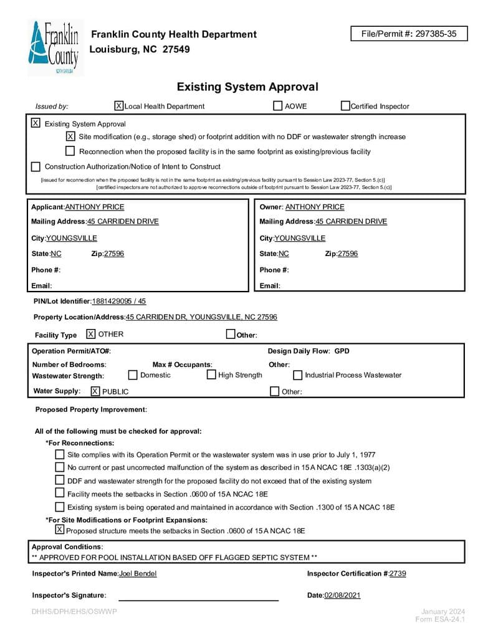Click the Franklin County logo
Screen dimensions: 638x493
(53, 48)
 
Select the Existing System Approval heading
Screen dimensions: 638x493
(247, 87)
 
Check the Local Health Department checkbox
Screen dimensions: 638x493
(119, 106)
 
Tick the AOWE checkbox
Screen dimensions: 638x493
(278, 106)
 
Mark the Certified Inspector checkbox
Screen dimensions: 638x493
(345, 106)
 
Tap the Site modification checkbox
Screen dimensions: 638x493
(70, 136)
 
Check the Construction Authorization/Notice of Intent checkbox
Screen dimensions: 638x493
(36, 166)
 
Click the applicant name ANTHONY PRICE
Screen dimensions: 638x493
(95, 207)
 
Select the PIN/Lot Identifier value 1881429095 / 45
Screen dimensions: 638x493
(119, 301)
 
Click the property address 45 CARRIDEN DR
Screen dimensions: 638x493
(201, 317)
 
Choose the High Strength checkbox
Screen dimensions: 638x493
(211, 374)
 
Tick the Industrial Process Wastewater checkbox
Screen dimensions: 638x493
(298, 375)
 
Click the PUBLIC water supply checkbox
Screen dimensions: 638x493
(95, 391)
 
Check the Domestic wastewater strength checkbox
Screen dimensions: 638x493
(133, 374)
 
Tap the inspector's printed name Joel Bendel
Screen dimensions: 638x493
(138, 573)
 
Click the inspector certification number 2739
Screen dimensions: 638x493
(398, 573)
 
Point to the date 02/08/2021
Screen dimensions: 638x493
(342, 595)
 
